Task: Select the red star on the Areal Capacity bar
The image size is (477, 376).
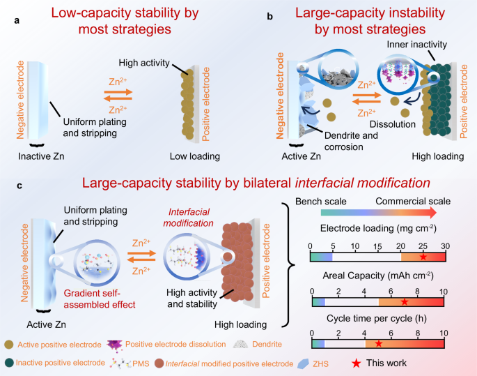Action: point(405,302)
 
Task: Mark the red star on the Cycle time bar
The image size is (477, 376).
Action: point(379,344)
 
